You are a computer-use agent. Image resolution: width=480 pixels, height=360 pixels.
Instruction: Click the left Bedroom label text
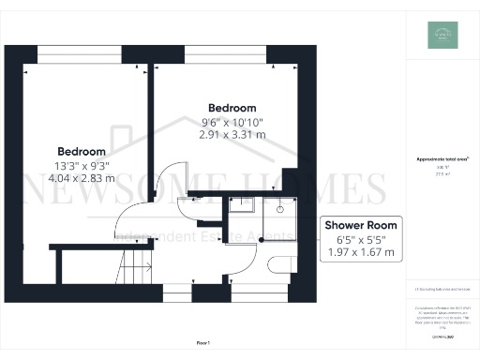click(82, 151)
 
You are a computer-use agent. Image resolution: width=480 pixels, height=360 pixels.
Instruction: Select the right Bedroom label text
click(232, 107)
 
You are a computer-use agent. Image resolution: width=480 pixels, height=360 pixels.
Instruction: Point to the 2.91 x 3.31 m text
click(232, 134)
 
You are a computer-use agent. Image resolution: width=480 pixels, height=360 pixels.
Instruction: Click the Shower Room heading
click(361, 225)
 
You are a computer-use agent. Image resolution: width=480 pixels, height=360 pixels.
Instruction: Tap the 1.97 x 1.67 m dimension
click(361, 252)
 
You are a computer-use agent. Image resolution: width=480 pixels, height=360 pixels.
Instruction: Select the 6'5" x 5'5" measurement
click(361, 239)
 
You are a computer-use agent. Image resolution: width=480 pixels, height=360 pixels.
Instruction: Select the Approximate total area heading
click(436, 159)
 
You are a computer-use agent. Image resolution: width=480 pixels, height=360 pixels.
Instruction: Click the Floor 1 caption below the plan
click(203, 345)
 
